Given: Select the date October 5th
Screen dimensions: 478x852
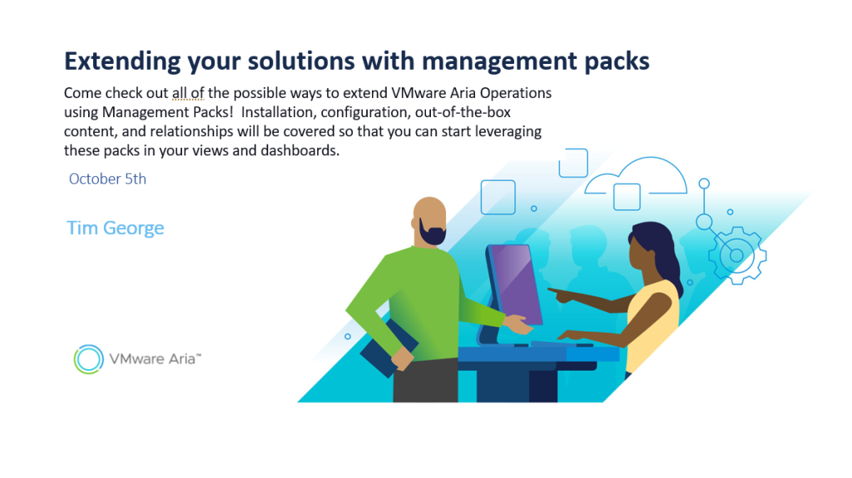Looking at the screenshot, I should pyautogui.click(x=107, y=179).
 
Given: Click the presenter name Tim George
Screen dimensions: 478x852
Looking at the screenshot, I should pyautogui.click(x=115, y=228).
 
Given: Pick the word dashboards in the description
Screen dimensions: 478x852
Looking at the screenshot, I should pyautogui.click(x=300, y=150).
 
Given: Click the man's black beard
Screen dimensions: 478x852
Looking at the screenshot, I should pyautogui.click(x=432, y=234).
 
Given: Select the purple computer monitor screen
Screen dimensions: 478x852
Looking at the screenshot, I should pyautogui.click(x=517, y=283).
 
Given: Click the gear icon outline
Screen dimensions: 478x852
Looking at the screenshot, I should pyautogui.click(x=737, y=254).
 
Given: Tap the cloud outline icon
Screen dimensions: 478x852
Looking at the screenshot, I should pyautogui.click(x=637, y=176).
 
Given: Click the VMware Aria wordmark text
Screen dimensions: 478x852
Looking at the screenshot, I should pyautogui.click(x=155, y=359).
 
